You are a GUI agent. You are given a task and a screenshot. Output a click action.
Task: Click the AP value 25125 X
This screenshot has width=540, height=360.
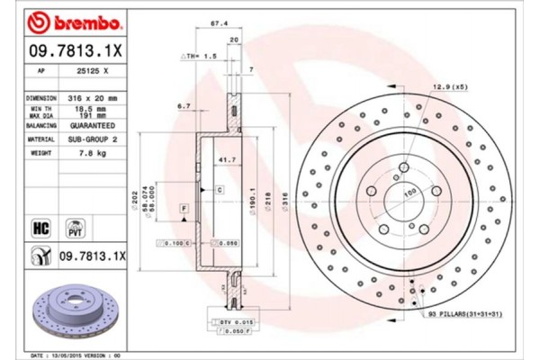pyautogui.click(x=94, y=69)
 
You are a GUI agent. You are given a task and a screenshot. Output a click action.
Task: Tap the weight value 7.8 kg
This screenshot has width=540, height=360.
pyautogui.click(x=94, y=154)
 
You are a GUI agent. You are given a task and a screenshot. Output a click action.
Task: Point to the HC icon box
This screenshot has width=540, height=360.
pyautogui.click(x=40, y=227)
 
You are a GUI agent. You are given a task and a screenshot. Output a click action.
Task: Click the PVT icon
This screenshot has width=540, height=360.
pyautogui.click(x=76, y=227)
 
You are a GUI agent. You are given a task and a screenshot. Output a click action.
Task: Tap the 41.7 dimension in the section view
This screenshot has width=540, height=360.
pyautogui.click(x=216, y=159)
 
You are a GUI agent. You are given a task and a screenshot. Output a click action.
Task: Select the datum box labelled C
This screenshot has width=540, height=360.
pyautogui.click(x=219, y=190)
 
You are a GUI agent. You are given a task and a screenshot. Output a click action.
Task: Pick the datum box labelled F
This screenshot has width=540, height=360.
pyautogui.click(x=184, y=209)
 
